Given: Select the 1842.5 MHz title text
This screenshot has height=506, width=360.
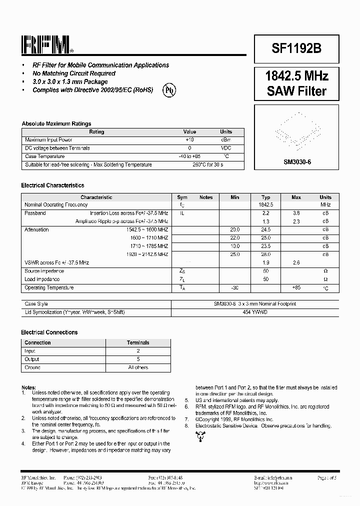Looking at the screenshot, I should coord(296,76).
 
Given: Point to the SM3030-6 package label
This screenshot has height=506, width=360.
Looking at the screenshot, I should coord(297,162).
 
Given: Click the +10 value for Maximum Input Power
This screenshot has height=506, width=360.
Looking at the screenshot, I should coord(190,140).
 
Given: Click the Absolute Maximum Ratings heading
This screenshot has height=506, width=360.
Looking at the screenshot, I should coord(56,123).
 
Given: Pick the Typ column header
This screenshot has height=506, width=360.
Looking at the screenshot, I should coord(265,197).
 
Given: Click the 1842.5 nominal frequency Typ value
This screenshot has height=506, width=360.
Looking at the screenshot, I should coord(265,204).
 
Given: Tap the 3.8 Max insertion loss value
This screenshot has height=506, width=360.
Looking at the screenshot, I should coord(296,213).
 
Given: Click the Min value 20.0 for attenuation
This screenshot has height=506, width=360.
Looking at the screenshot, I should coord(235,229).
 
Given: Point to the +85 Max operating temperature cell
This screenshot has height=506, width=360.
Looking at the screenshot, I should coord(296,288).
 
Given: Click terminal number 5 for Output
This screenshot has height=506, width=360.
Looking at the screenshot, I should coord(138,359).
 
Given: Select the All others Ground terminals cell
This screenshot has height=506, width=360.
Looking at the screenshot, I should coord(138,367).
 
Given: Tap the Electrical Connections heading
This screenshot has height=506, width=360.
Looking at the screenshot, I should coord(49,332).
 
